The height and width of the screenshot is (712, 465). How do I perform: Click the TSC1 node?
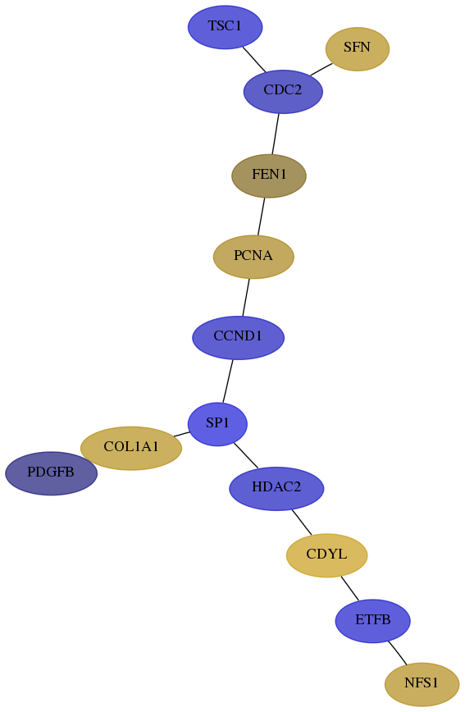tap(225, 27)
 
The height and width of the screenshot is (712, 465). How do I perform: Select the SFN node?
tap(357, 48)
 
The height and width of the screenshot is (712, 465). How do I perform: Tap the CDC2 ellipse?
tap(283, 91)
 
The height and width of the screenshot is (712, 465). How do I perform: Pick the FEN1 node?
tap(269, 176)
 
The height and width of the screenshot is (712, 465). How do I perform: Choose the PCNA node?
tap(253, 257)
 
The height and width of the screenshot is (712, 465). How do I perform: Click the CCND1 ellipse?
tap(238, 337)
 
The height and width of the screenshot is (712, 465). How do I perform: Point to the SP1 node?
tap(217, 424)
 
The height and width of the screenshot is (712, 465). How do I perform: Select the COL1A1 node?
tap(130, 448)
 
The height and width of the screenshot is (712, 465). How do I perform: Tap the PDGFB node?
tap(51, 473)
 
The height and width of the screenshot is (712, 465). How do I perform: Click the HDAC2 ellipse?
tap(276, 488)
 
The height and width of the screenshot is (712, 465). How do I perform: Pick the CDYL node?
tap(326, 555)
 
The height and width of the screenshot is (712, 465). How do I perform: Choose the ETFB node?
tap(373, 621)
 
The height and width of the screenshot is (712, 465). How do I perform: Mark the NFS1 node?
tap(422, 684)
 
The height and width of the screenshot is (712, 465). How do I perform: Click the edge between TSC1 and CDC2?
tap(254, 59)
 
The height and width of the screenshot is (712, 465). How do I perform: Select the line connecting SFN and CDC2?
tap(321, 70)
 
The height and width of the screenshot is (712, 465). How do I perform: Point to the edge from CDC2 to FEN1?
tap(276, 134)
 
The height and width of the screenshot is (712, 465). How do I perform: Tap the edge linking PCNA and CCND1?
tap(246, 297)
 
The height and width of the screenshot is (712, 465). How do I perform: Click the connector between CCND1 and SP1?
tap(227, 381)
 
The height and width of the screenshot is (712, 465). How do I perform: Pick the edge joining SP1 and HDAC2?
tap(246, 455)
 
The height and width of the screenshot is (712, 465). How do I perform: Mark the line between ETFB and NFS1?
tap(397, 653)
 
